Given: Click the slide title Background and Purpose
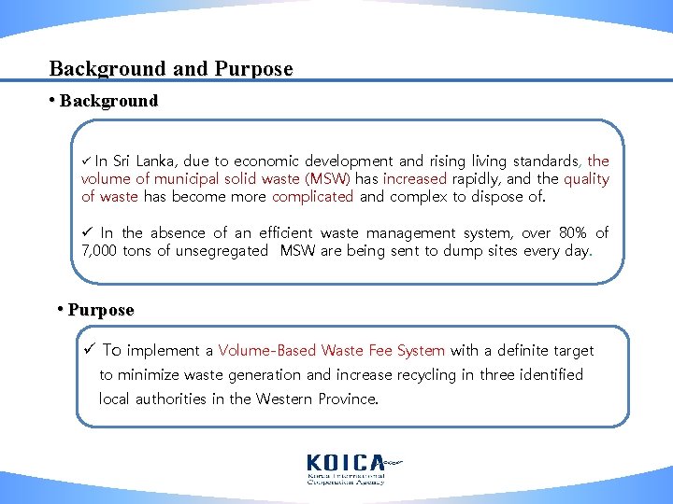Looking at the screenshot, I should (171, 69).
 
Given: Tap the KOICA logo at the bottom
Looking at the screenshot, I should (346, 468).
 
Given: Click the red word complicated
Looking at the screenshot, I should (312, 197).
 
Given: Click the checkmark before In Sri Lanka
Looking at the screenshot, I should (87, 161).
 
